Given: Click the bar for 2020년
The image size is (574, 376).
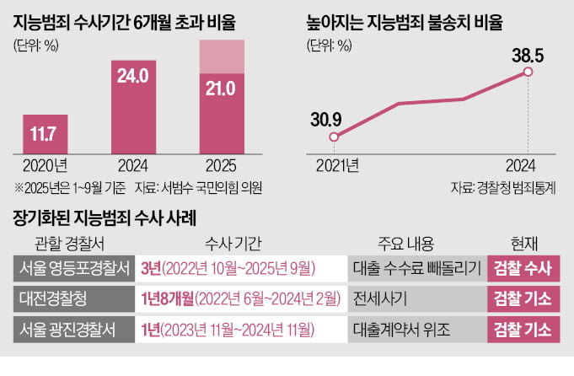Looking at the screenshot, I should pos(46,133).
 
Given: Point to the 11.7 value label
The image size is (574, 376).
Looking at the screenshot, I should pos(46,132).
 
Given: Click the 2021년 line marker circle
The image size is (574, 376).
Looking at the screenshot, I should pos(335,137).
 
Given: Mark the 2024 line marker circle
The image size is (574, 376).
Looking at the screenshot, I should pos(528,73).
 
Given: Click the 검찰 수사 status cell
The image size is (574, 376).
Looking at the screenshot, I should pos(521,269).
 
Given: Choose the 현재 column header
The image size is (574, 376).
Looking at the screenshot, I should pos(521,244).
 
